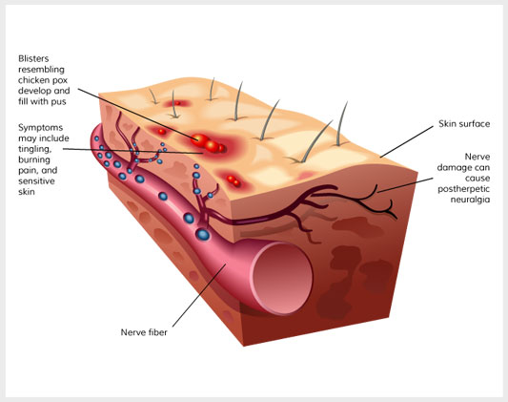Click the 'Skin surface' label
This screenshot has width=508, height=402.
[464, 123]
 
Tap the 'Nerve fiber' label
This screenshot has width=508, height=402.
[144, 332]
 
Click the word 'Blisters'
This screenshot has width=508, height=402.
[33, 58]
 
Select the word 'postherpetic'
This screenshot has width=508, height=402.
[463, 189]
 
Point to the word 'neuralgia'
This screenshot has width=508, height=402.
[470, 200]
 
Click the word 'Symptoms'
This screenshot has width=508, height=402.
[40, 128]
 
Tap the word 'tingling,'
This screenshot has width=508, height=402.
[35, 149]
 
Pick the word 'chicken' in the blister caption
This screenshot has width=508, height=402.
[31, 80]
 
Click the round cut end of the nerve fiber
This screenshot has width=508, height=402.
[282, 278]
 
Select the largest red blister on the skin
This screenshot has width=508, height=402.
[199, 140]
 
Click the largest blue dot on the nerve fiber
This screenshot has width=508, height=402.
[203, 234]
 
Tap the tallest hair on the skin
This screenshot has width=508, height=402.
[341, 123]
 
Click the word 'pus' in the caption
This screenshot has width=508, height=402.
[59, 102]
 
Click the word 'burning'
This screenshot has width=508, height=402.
[34, 160]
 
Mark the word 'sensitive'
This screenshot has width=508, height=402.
[36, 181]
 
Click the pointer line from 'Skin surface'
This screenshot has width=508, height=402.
[407, 141]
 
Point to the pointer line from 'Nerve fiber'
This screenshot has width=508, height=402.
[199, 295]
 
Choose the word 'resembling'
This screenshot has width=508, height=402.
[41, 70]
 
